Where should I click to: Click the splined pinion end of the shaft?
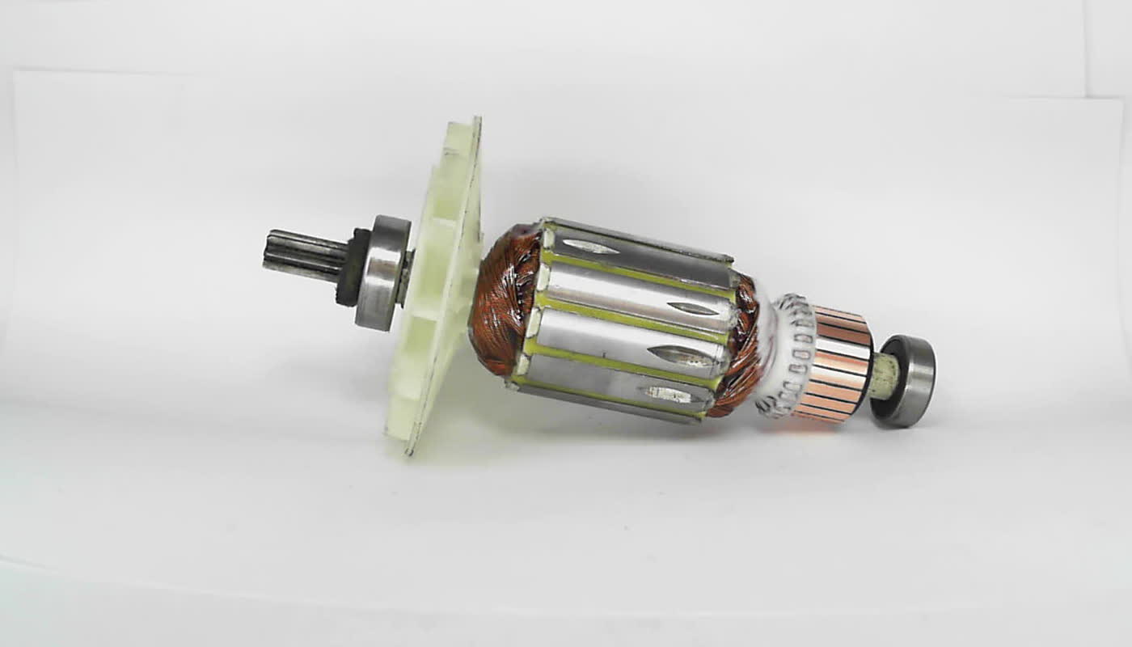pos(303,255)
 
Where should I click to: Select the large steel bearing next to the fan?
pos(382,273)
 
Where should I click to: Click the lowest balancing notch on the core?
pos(668,395)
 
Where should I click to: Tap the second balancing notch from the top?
pos(692,308)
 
